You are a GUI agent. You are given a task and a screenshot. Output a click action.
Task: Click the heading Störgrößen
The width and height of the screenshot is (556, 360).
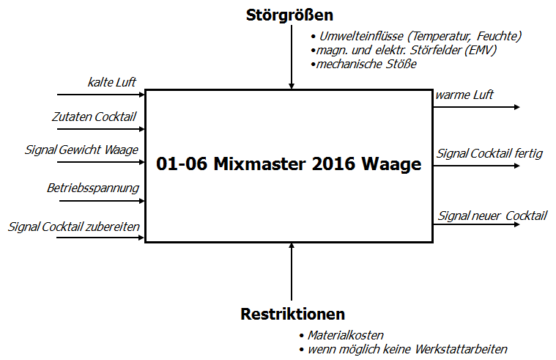(289, 15)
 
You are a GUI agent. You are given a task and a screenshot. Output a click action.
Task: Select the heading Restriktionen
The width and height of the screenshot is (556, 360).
(292, 315)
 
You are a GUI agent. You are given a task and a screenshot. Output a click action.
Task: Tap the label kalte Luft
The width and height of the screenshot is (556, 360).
(111, 82)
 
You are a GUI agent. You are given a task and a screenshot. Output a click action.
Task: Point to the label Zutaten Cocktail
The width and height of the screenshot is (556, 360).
(94, 117)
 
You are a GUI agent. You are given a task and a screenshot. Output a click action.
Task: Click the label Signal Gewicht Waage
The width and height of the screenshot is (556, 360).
(81, 150)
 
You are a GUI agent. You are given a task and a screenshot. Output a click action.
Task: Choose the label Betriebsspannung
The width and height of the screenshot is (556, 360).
(93, 188)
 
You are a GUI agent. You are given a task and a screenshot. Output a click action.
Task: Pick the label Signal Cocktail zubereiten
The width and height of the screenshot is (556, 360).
(74, 227)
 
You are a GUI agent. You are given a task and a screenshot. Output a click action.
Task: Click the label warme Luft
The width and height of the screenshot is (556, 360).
(464, 95)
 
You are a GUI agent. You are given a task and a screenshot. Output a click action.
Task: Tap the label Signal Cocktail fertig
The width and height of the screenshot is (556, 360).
(489, 154)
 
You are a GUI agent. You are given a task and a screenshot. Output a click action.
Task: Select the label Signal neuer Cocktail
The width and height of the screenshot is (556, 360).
(492, 216)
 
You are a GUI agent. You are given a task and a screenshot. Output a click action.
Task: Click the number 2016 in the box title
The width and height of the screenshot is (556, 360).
(333, 164)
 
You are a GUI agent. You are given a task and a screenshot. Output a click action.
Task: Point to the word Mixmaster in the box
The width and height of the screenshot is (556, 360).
(259, 164)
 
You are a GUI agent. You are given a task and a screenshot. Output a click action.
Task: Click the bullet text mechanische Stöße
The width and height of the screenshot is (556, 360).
(366, 65)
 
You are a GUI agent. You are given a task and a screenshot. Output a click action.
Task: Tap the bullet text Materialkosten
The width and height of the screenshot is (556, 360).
(345, 335)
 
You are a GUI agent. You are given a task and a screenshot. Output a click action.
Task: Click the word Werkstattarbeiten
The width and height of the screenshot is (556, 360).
(461, 349)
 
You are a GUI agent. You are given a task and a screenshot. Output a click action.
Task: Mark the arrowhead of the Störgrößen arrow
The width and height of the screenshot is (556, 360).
(292, 87)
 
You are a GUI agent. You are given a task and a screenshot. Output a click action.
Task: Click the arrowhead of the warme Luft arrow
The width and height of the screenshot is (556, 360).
(517, 107)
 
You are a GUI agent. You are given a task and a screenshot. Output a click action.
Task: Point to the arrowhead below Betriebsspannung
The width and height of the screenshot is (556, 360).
(142, 201)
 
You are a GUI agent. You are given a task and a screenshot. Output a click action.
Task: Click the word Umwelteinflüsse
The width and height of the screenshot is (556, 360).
(361, 36)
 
